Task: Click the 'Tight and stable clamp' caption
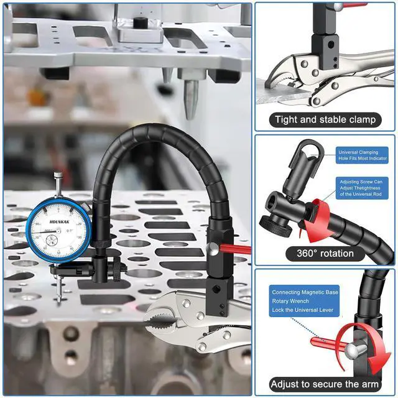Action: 325,119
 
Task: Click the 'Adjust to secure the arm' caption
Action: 325,384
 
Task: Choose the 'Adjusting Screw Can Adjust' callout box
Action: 363,188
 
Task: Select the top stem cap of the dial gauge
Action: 58,176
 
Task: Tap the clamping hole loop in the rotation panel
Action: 308,151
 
